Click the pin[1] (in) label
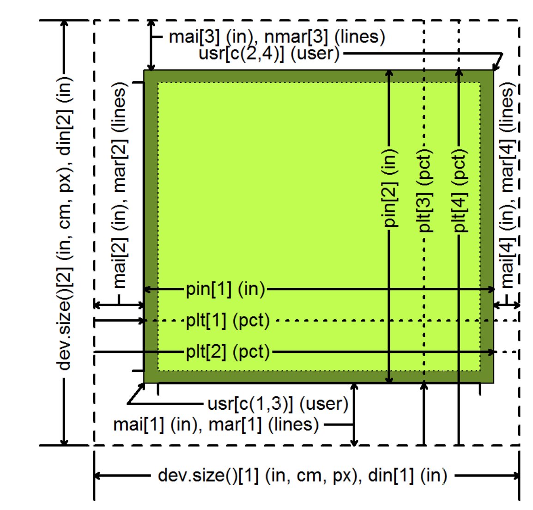pos(225,290)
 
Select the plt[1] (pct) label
pos(228,321)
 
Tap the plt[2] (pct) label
pos(228,352)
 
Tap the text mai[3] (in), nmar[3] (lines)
pos(277,36)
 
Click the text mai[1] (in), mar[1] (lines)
pos(216,424)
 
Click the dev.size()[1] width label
pos(303,475)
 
